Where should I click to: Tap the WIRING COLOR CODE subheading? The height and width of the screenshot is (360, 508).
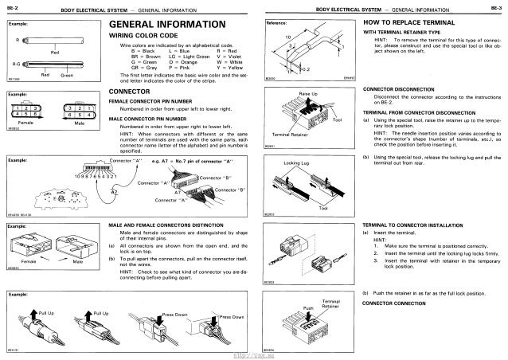(x=143, y=37)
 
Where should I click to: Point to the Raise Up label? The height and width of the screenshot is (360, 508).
(x=309, y=94)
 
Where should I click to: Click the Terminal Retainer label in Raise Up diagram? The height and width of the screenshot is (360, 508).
(x=288, y=137)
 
